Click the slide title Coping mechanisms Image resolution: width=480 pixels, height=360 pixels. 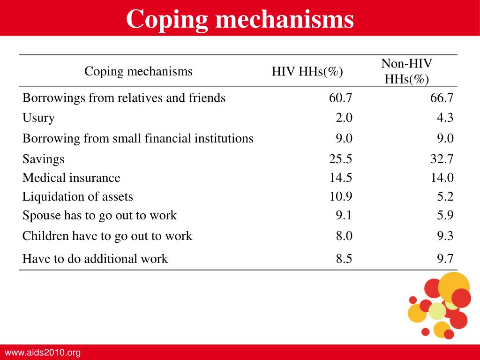click(240, 19)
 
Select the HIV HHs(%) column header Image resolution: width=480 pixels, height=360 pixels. click(307, 72)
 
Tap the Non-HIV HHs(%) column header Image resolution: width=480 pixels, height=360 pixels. click(406, 71)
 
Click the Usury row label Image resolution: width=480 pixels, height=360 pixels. click(38, 118)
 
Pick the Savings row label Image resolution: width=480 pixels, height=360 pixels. click(44, 159)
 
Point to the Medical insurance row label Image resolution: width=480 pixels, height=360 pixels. click(71, 178)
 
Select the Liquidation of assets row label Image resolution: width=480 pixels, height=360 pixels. click(78, 196)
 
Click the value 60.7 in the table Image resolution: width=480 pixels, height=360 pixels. click(340, 97)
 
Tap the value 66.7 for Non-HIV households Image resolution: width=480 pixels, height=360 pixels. click(442, 97)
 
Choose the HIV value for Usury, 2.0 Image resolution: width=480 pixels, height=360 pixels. click(344, 118)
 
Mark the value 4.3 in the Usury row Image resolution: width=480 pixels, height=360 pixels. click(445, 118)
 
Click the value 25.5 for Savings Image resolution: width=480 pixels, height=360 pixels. click(340, 159)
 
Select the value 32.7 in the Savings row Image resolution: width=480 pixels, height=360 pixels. click(442, 159)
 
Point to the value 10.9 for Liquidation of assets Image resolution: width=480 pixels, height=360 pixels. click(340, 196)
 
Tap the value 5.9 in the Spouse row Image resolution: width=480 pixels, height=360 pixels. click(445, 215)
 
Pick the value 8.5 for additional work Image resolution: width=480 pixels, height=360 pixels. click(344, 259)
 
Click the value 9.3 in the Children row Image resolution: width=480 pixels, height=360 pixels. click(445, 236)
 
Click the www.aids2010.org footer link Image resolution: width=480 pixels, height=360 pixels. click(43, 352)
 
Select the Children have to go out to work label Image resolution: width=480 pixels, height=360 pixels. click(107, 236)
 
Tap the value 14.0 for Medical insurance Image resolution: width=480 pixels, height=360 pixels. click(442, 178)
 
